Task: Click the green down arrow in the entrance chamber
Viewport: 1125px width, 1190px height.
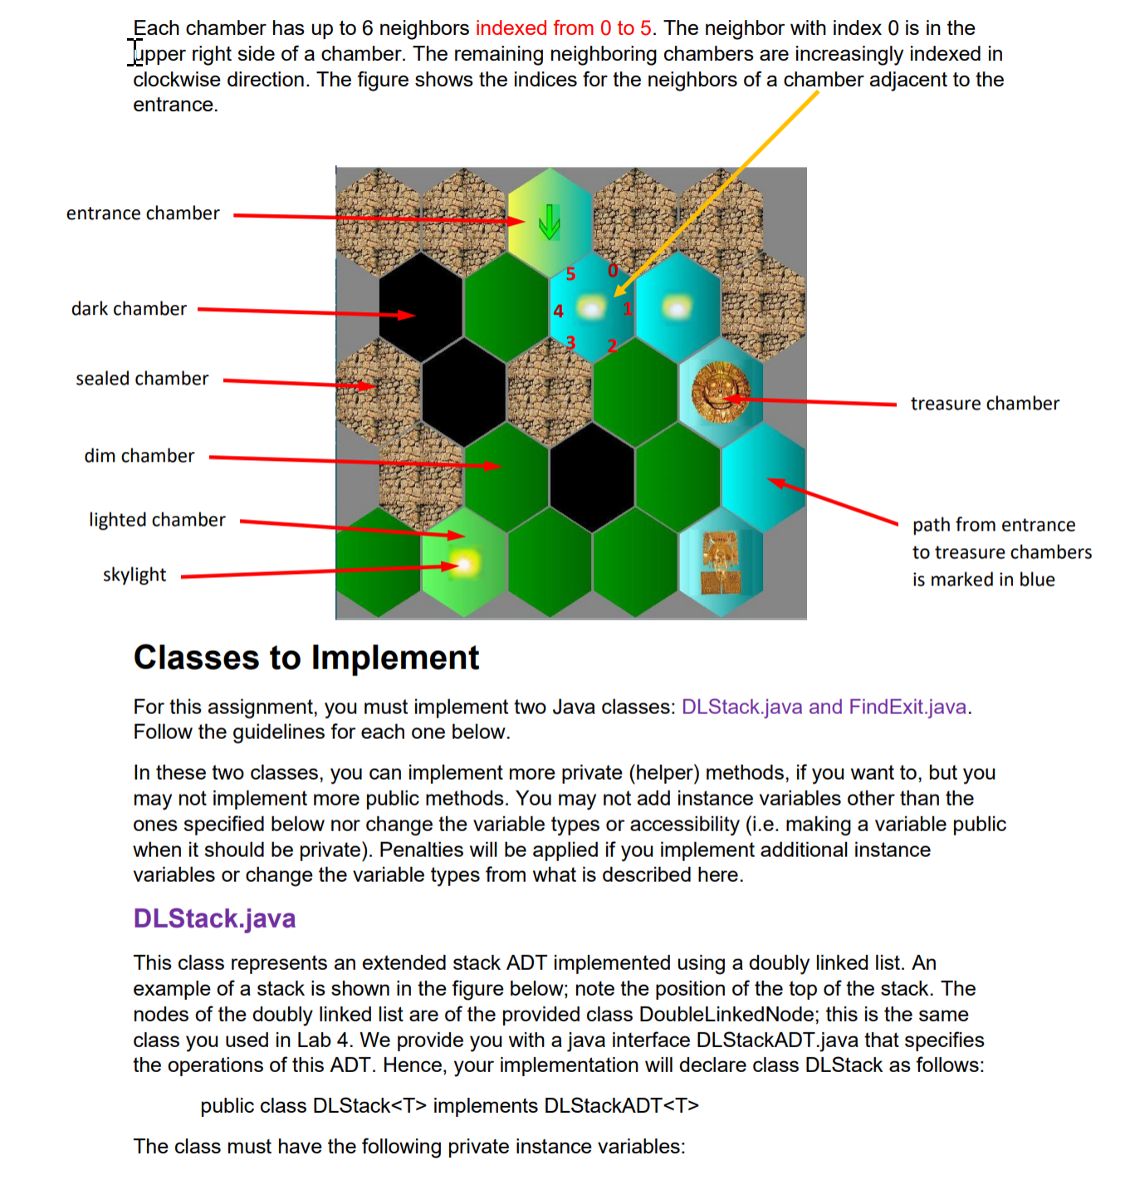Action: tap(549, 222)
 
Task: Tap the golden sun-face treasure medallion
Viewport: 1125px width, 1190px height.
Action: tap(720, 392)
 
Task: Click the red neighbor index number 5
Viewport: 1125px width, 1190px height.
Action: tap(570, 274)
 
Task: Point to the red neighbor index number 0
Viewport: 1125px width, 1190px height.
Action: tap(613, 271)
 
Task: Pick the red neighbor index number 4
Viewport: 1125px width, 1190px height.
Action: tap(558, 311)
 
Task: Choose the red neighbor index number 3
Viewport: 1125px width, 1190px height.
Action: tap(570, 342)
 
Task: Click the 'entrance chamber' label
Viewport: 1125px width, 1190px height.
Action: tap(143, 213)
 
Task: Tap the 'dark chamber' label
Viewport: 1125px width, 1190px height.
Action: tap(129, 309)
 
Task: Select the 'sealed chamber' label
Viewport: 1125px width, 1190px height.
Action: tap(142, 379)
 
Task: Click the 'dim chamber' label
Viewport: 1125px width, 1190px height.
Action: tap(139, 456)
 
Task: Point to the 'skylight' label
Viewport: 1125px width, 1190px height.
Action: tap(134, 575)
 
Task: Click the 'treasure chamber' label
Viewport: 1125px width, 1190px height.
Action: tap(985, 404)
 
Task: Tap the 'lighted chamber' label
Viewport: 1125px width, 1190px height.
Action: tap(157, 520)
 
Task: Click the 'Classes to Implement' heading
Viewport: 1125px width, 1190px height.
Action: tap(306, 658)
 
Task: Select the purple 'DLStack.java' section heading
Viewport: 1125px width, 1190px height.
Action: tap(214, 918)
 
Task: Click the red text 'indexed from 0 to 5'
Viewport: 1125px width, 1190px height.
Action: tap(563, 28)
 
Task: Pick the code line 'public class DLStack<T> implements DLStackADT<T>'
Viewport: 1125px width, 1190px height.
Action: tap(449, 1106)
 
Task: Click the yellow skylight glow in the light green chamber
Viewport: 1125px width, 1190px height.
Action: tap(465, 564)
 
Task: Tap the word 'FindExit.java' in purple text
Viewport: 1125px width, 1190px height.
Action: tap(907, 707)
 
